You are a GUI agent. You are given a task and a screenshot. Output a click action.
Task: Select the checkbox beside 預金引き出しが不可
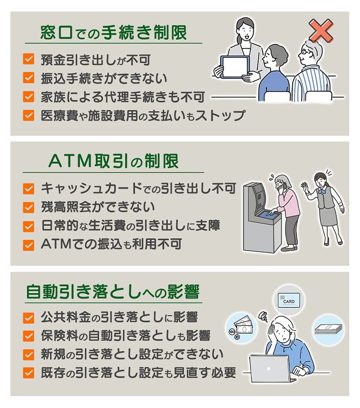(28, 60)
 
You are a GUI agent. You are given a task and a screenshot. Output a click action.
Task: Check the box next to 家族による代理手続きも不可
(28, 96)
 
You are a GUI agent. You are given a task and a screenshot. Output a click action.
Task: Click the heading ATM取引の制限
(114, 162)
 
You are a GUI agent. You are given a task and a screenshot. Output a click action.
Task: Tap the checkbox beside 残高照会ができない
(28, 207)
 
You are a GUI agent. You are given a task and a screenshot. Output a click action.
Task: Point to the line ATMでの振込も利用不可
(111, 244)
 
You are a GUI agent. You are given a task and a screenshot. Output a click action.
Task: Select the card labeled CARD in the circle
(289, 300)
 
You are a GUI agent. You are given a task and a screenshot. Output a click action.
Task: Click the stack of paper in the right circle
(329, 329)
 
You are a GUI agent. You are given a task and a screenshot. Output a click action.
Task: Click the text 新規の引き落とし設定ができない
(132, 355)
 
